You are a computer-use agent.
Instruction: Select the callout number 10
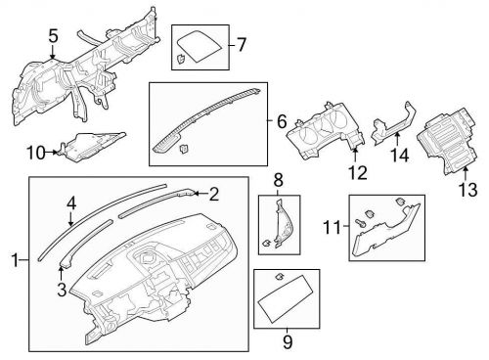point(36,152)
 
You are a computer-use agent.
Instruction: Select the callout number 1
point(15,259)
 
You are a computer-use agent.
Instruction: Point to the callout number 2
point(214,194)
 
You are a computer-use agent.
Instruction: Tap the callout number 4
point(71,202)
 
